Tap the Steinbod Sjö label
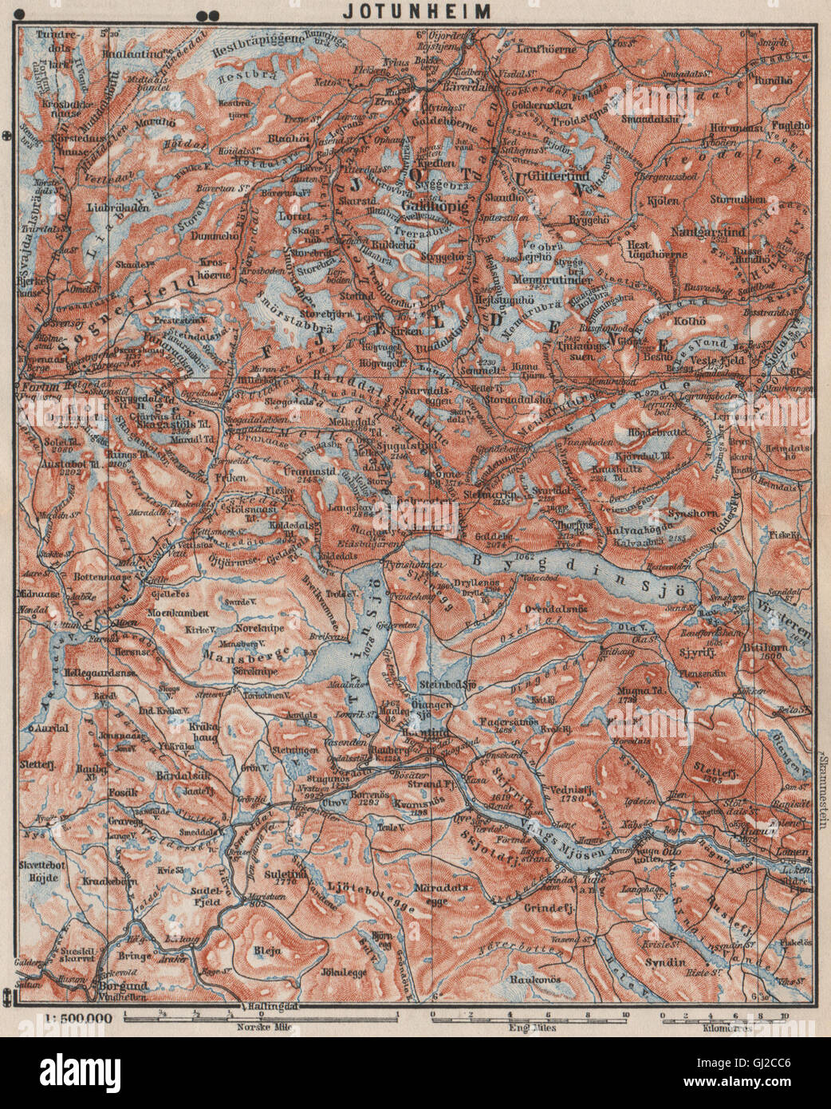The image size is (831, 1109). (x=447, y=685)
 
